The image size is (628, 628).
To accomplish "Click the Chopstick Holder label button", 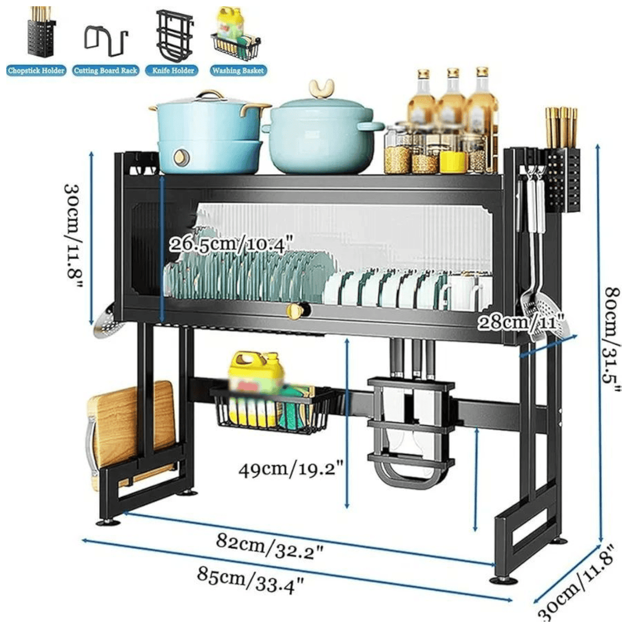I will pyautogui.click(x=36, y=70).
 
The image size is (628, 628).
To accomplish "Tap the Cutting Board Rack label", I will pyautogui.click(x=106, y=70).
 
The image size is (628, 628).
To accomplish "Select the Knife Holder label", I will pyautogui.click(x=174, y=70).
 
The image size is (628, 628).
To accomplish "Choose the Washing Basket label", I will pyautogui.click(x=238, y=70).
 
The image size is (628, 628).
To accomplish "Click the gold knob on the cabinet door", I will pyautogui.click(x=295, y=311).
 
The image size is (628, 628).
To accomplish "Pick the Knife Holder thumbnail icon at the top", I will pyautogui.click(x=172, y=36).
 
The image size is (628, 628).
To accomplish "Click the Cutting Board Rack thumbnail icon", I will pyautogui.click(x=106, y=40).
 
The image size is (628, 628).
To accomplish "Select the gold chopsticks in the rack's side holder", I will pyautogui.click(x=561, y=128).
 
